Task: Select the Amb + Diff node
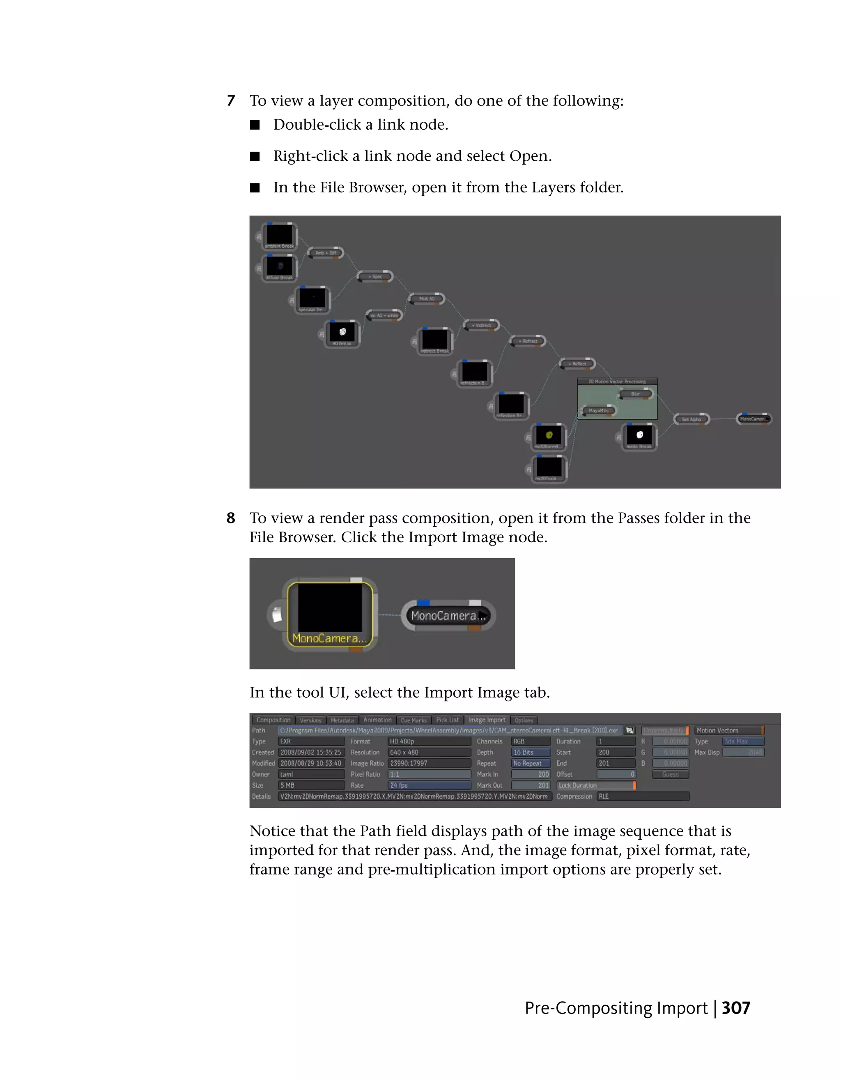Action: [x=326, y=253]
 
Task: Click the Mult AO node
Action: [x=427, y=299]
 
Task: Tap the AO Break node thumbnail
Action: [x=342, y=332]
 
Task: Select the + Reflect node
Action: [x=577, y=364]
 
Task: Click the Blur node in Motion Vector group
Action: [x=636, y=394]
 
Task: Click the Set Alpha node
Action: [x=692, y=419]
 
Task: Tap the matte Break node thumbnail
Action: [x=639, y=435]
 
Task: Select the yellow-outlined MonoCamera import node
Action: [x=330, y=614]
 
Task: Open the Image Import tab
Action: [x=487, y=720]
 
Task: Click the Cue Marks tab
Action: [x=414, y=720]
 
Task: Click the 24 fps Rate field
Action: [x=429, y=785]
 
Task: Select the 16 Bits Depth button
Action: [x=530, y=752]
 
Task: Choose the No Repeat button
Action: [x=530, y=763]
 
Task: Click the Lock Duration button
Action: [x=595, y=785]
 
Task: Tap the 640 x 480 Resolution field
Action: [x=429, y=752]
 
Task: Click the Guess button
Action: [x=670, y=774]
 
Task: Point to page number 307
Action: [x=735, y=1008]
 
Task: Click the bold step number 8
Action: [x=231, y=518]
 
